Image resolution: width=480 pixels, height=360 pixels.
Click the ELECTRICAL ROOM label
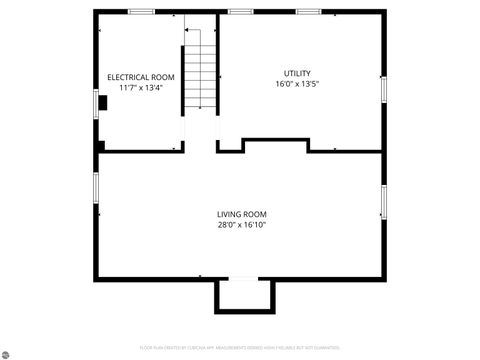pos(141,77)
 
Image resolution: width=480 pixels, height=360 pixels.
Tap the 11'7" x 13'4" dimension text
pos(141,88)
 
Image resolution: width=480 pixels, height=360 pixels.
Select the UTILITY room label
pos(297,73)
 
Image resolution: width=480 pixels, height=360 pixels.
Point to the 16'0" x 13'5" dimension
pos(297,84)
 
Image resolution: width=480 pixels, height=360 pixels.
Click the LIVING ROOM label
pos(242,214)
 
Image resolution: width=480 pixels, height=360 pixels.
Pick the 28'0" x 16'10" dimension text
pos(242,225)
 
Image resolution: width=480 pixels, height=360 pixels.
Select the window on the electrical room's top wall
pos(141,12)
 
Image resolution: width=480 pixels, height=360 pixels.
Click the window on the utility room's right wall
pos(383,89)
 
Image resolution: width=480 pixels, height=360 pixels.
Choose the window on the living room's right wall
pos(383,201)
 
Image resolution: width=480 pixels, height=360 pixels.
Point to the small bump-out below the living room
pos(243,297)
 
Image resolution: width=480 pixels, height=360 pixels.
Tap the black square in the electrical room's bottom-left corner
pos(102,146)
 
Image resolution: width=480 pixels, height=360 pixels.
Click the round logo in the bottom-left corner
pos(6,353)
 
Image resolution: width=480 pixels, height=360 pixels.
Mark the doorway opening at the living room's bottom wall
pos(243,279)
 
